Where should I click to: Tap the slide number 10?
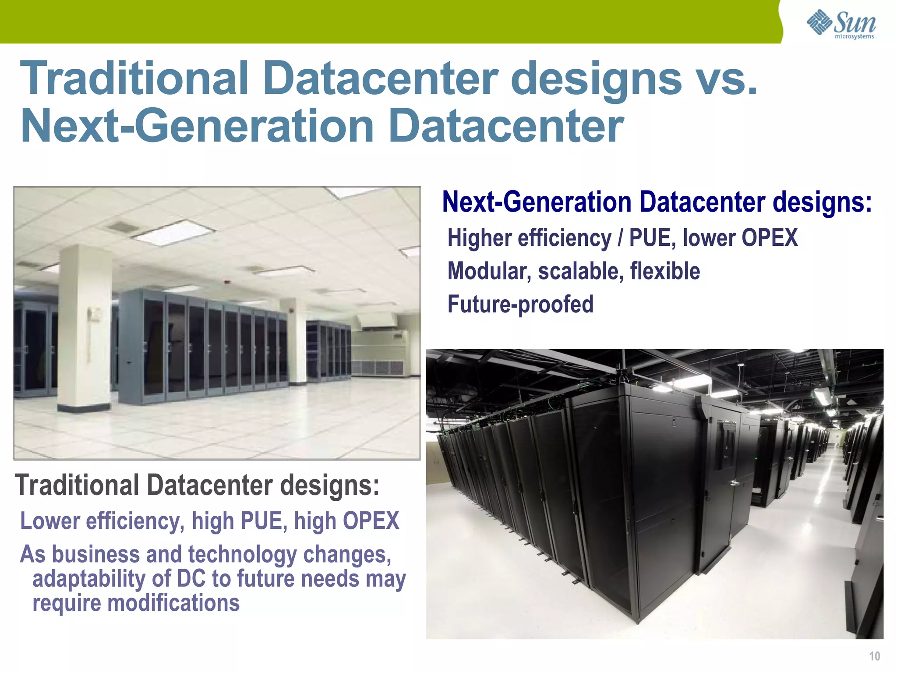coord(874,656)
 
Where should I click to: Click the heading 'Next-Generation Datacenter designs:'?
coord(657,202)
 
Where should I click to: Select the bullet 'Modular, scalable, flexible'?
coord(574,271)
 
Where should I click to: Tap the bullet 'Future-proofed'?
coord(520,305)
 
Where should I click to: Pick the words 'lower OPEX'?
coord(740,238)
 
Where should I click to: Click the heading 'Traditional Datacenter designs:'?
coord(197,485)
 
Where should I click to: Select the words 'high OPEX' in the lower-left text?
coord(346,521)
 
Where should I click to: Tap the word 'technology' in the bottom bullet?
coord(243,555)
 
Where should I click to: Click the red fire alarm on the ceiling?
coord(226,281)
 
